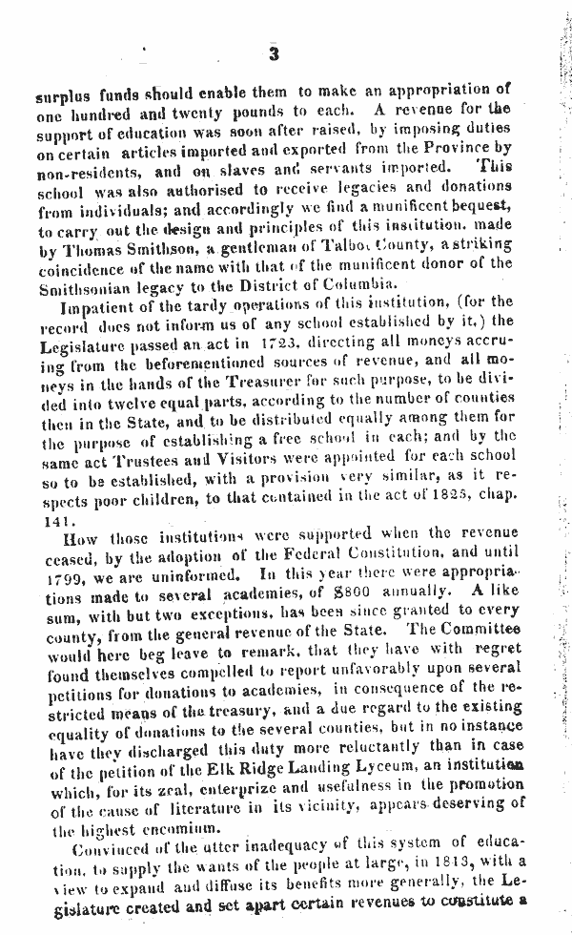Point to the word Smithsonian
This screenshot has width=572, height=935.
[84, 284]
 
